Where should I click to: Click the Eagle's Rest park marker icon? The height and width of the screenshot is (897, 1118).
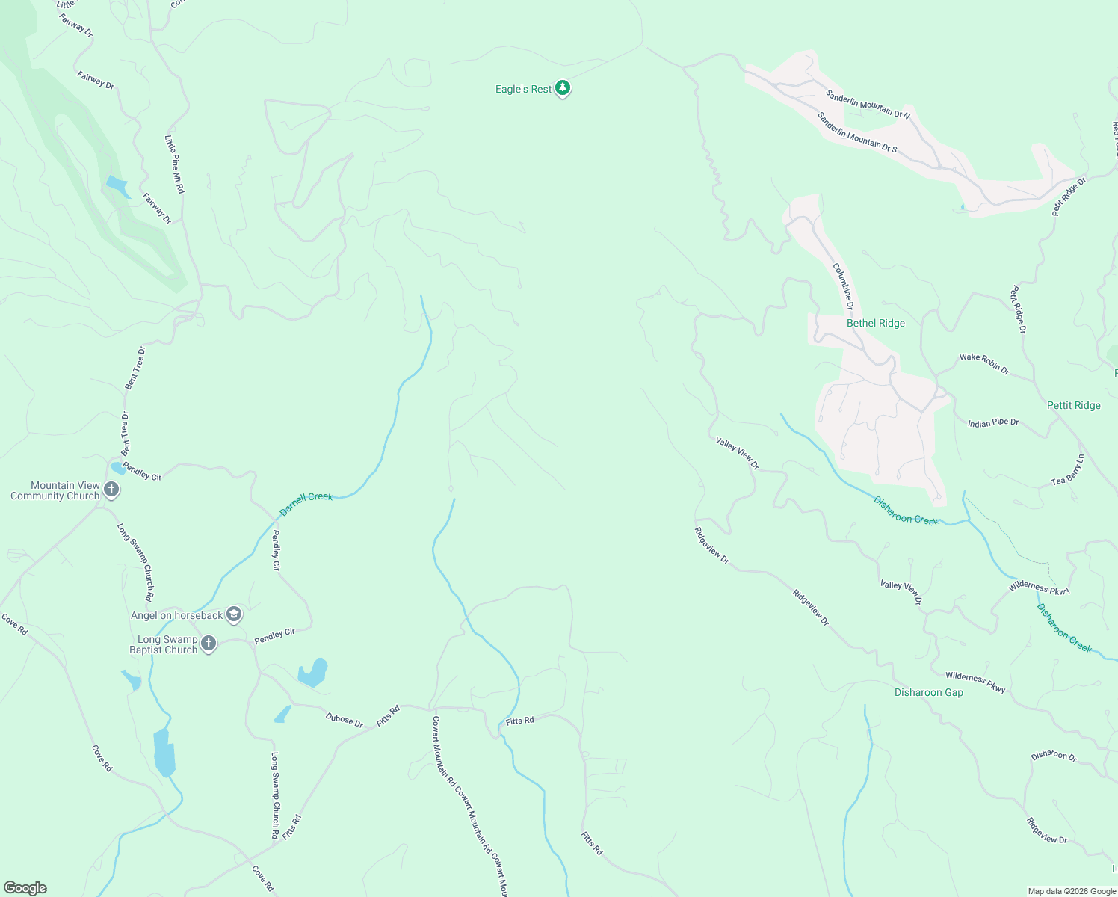563,89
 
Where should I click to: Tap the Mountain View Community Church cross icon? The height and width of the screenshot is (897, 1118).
111,490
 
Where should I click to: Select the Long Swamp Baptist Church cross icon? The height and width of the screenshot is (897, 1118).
209,644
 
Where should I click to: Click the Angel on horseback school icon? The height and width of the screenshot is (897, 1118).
233,614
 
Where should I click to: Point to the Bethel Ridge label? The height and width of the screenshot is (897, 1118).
875,323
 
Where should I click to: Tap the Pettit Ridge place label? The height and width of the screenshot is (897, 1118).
1073,405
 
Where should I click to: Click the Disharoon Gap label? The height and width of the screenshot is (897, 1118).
928,692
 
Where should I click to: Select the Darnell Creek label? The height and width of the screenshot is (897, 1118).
306,503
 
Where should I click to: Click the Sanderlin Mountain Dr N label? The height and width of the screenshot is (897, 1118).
868,104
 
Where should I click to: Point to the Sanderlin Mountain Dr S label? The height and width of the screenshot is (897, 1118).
856,132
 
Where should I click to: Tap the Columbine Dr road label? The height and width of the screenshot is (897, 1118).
843,286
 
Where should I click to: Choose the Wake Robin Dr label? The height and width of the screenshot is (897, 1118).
984,363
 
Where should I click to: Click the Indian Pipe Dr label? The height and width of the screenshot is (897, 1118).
993,423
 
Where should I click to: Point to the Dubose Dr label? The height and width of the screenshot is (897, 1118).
345,720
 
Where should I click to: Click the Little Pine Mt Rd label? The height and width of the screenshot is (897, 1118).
174,164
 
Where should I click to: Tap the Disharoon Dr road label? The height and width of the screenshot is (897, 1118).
1054,756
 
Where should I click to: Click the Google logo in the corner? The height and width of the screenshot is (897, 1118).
25,888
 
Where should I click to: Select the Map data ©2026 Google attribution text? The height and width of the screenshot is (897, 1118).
1072,891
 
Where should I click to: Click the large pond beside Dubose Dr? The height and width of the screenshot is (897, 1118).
312,673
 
